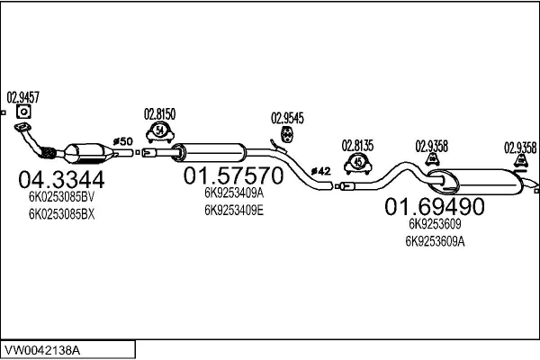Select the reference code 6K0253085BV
[x=60, y=196]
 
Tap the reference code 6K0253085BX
[x=60, y=215]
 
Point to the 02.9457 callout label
[x=23, y=96]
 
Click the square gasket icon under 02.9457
[x=23, y=112]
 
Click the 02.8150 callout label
[x=159, y=114]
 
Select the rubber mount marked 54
[x=159, y=133]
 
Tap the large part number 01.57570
[x=233, y=175]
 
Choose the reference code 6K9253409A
[x=233, y=193]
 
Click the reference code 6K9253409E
[x=233, y=211]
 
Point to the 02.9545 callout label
[x=288, y=117]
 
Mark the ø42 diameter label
[x=321, y=170]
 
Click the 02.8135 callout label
[x=358, y=144]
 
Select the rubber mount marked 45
[x=358, y=162]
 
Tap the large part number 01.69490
[x=435, y=207]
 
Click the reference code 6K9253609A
[x=436, y=241]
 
